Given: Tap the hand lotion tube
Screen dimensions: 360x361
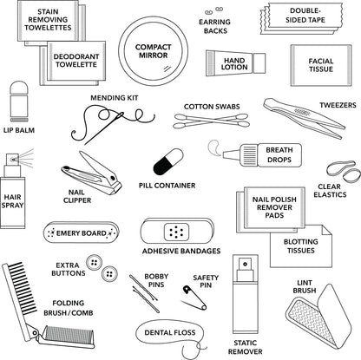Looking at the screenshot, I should [x=232, y=63].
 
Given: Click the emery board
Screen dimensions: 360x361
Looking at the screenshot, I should [x=82, y=233].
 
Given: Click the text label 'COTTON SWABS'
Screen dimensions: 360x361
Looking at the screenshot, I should [x=210, y=108].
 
